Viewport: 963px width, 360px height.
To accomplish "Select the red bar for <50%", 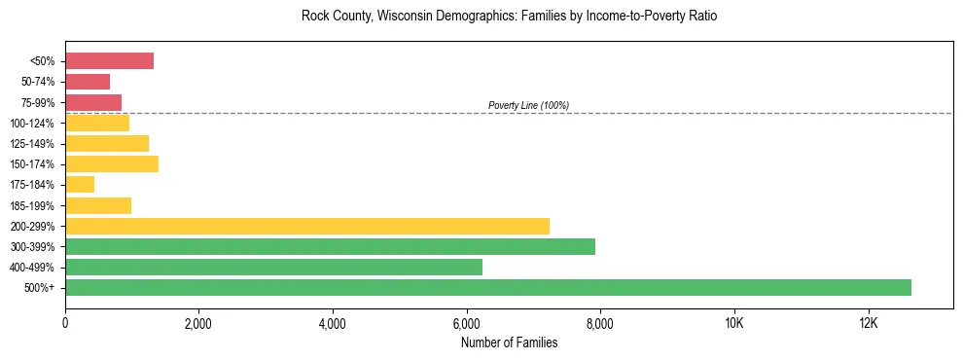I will (x=109, y=61).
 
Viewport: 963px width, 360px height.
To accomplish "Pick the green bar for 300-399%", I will (x=330, y=246).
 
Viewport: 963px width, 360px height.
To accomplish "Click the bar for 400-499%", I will (x=273, y=267).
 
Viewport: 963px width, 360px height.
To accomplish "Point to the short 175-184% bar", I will (x=80, y=185).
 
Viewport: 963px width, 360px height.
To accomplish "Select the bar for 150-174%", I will (x=112, y=164).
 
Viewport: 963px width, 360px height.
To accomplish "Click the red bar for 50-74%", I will (x=88, y=82).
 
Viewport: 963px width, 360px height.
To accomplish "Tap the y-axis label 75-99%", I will (x=38, y=103).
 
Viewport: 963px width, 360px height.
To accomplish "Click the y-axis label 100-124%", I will (x=35, y=124).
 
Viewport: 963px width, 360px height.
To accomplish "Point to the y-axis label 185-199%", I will (x=35, y=205).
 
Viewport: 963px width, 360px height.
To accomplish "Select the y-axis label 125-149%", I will (x=35, y=144).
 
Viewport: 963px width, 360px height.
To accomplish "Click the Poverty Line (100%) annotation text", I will (x=528, y=105).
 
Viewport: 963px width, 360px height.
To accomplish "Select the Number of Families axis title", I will (x=509, y=342).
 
